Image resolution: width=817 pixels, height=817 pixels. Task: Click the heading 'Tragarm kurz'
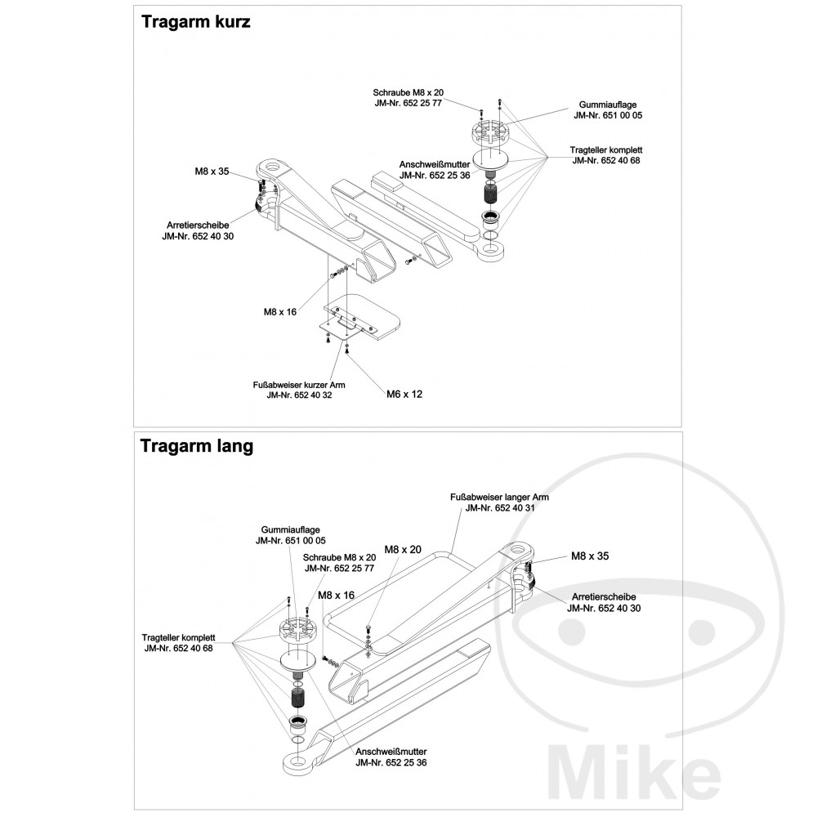pos(195,22)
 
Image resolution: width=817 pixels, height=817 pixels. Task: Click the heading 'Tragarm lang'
pos(196,446)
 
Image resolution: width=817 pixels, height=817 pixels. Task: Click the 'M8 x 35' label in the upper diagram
pos(212,172)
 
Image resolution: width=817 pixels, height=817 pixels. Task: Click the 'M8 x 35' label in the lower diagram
pos(590,556)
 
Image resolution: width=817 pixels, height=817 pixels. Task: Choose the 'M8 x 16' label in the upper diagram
pos(279,311)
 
